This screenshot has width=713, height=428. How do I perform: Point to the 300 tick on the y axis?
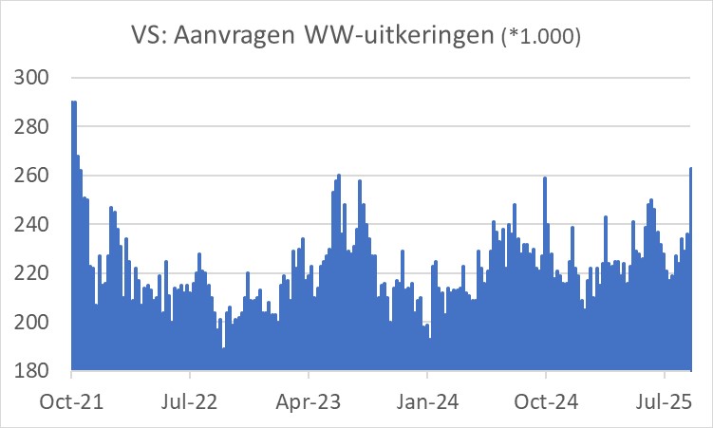(x=35, y=78)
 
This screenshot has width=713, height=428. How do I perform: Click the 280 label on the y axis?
(x=35, y=127)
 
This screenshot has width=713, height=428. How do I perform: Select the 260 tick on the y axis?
(x=35, y=176)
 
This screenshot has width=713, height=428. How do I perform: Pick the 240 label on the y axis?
(x=35, y=225)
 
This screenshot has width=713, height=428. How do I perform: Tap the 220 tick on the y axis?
(x=35, y=273)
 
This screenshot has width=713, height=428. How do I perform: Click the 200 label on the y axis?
(x=35, y=323)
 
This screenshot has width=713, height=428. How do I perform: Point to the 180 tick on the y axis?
(x=35, y=371)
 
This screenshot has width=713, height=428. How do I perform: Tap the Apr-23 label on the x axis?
(x=310, y=401)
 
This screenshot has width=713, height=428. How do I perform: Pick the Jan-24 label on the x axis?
(x=427, y=401)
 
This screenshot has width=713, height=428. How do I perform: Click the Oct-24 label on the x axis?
(x=546, y=401)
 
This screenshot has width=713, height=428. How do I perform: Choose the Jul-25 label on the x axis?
(x=664, y=401)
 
